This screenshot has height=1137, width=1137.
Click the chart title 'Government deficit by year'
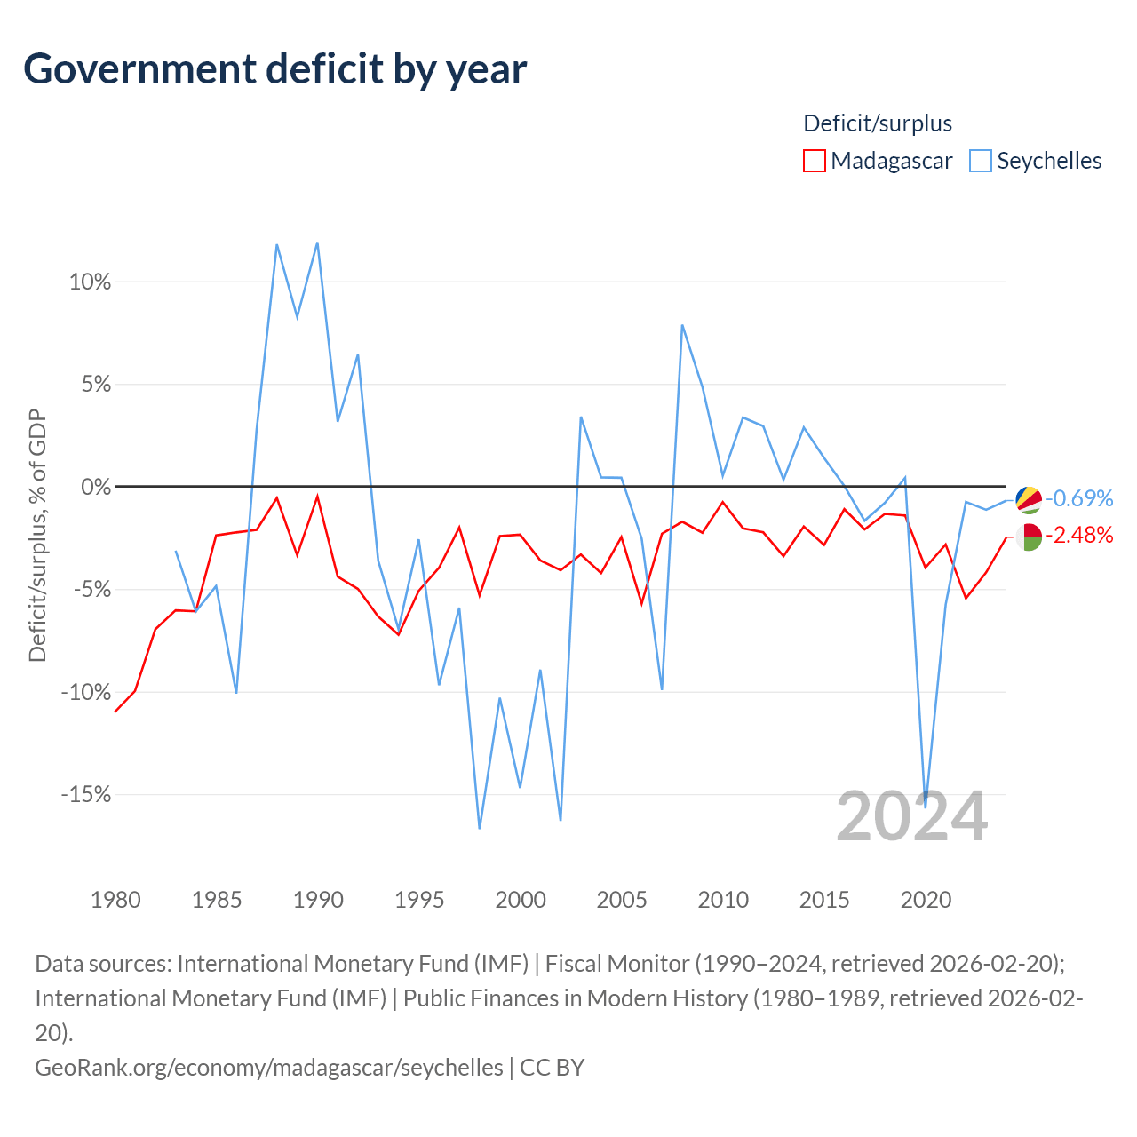274,69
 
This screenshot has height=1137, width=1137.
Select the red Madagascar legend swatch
814,161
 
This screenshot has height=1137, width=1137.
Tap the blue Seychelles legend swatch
980,161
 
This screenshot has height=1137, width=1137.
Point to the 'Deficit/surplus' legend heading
878,123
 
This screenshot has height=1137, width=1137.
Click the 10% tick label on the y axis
90,282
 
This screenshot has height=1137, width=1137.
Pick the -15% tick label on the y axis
86,795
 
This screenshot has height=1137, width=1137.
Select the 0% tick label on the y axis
96,488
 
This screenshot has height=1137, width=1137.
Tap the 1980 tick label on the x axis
115,900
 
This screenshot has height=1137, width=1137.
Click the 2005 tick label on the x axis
621,900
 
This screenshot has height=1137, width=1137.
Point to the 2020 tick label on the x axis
926,900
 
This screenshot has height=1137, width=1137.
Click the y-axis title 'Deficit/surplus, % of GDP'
37,535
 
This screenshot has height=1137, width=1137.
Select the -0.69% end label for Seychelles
1079,498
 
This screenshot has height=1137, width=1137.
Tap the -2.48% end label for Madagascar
1079,535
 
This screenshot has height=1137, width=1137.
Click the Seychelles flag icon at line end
1029,500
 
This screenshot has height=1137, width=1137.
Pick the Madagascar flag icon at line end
1029,537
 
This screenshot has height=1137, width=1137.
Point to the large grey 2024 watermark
911,816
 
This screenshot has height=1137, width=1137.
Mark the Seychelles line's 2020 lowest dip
926,807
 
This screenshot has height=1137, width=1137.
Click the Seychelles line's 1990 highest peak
317,243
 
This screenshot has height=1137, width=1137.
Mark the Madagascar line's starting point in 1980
115,712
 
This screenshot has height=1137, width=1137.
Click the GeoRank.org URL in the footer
269,1068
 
